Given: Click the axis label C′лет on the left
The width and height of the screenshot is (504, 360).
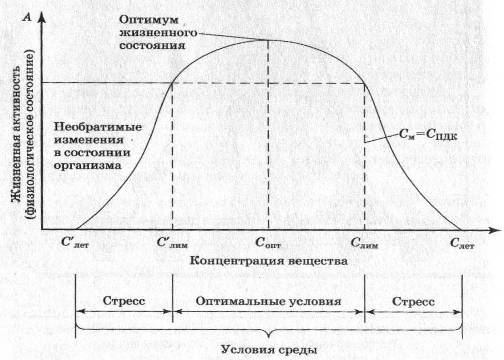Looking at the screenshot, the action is pyautogui.click(x=75, y=242).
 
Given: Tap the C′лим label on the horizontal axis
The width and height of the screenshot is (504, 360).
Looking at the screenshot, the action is pyautogui.click(x=172, y=242).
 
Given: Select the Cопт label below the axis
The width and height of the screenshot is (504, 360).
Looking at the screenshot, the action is pyautogui.click(x=268, y=243).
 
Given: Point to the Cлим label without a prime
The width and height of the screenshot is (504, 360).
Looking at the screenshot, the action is pyautogui.click(x=364, y=243).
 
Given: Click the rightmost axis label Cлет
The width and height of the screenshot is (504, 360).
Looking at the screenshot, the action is pyautogui.click(x=462, y=243).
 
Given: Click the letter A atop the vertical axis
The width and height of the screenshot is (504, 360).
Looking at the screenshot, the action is pyautogui.click(x=27, y=17).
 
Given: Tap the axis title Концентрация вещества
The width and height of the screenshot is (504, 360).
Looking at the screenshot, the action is pyautogui.click(x=269, y=260).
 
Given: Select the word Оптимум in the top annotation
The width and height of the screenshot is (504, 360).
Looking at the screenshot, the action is pyautogui.click(x=149, y=20).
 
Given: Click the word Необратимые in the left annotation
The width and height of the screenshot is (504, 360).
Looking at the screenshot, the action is pyautogui.click(x=98, y=127).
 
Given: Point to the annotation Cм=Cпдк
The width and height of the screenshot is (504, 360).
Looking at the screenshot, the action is pyautogui.click(x=428, y=134).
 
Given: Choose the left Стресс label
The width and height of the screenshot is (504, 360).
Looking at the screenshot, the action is pyautogui.click(x=124, y=301).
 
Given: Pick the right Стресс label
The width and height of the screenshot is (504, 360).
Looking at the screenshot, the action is pyautogui.click(x=413, y=302).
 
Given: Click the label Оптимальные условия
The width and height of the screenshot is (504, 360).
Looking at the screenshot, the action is pyautogui.click(x=268, y=301).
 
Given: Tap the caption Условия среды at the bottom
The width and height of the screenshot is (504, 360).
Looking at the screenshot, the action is pyautogui.click(x=269, y=350).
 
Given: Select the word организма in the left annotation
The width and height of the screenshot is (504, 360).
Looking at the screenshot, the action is pyautogui.click(x=87, y=165).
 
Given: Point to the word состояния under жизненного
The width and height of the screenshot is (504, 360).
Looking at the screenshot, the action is pyautogui.click(x=152, y=45).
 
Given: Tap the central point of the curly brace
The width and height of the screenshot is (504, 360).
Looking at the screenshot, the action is pyautogui.click(x=269, y=335).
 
